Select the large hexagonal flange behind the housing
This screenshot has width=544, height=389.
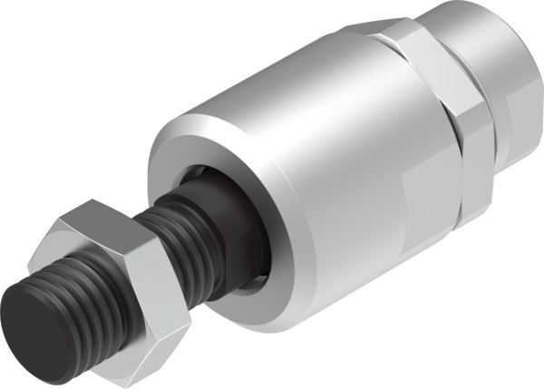[453, 127]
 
